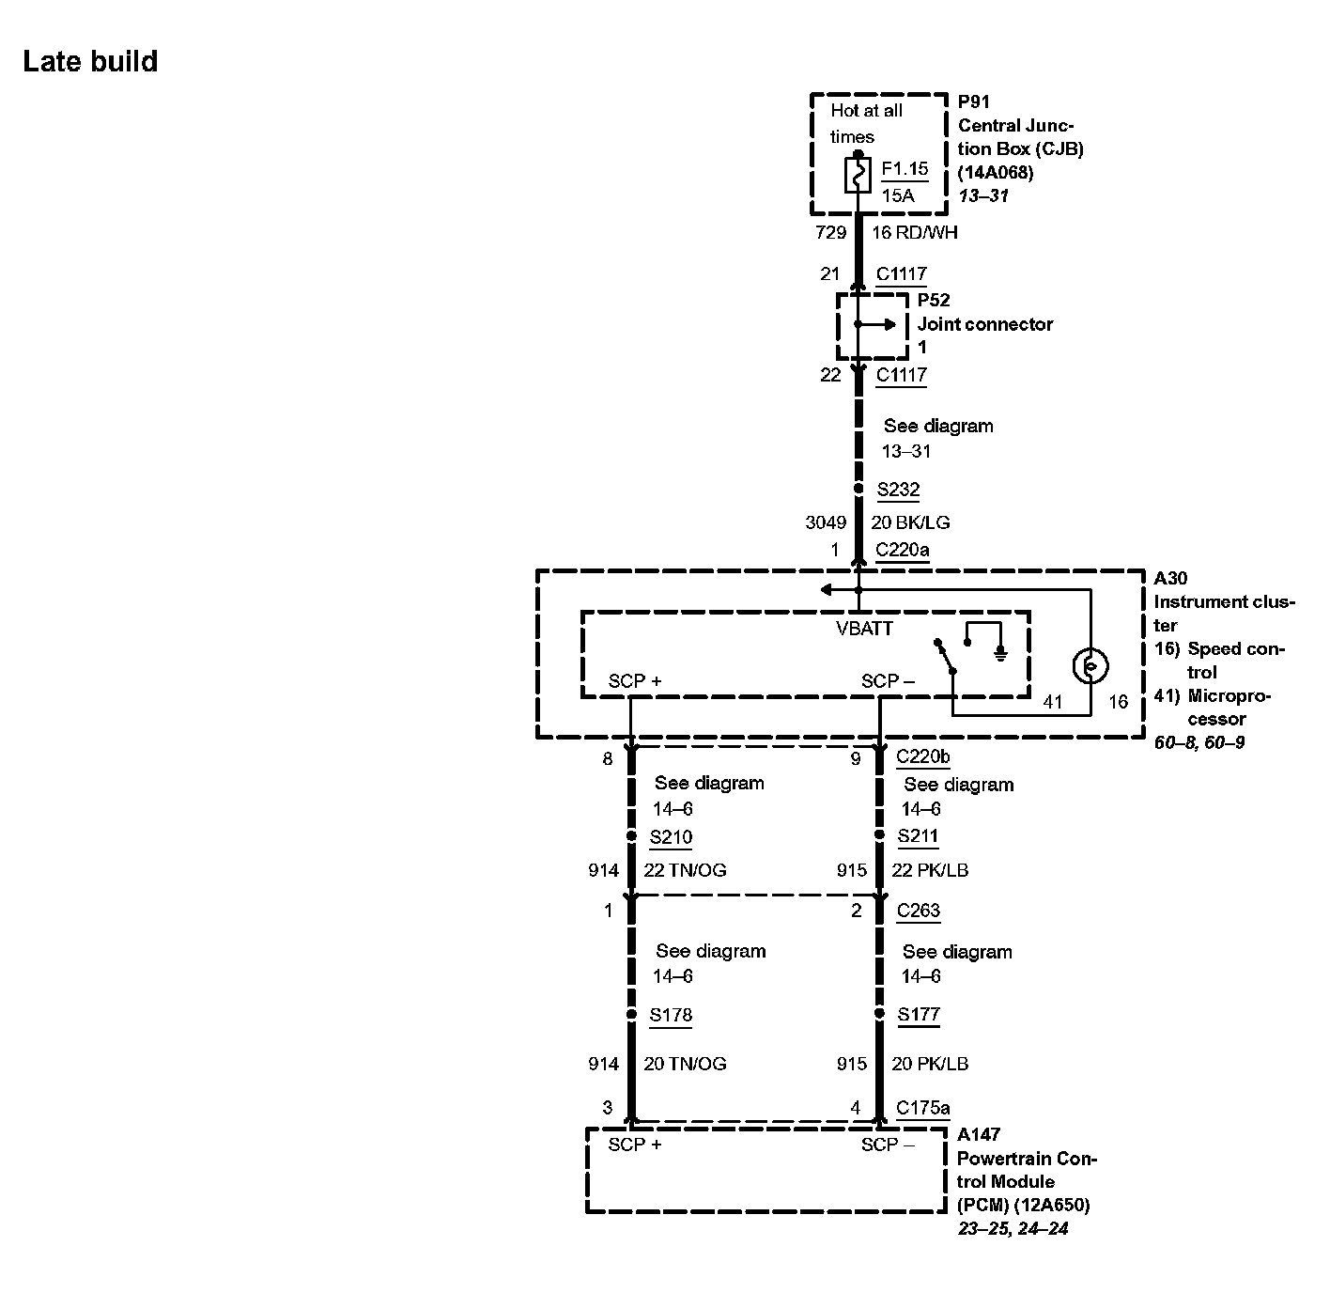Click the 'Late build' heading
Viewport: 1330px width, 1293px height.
click(x=90, y=62)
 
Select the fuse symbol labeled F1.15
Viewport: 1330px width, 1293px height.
click(x=858, y=175)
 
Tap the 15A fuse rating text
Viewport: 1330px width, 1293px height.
click(x=898, y=195)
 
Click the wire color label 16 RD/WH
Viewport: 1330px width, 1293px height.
click(x=915, y=232)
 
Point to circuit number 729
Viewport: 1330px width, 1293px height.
click(x=830, y=232)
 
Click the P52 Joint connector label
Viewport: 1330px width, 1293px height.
click(x=984, y=323)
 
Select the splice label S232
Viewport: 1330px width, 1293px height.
click(x=898, y=490)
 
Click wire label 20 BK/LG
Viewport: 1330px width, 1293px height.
click(x=910, y=522)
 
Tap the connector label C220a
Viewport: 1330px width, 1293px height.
click(x=902, y=550)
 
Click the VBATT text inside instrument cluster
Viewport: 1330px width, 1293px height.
click(x=864, y=629)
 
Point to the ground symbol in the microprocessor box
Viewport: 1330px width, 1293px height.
click(x=1001, y=653)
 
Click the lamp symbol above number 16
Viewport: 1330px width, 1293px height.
click(x=1090, y=666)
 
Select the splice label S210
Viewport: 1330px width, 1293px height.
click(x=671, y=836)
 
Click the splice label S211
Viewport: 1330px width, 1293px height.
click(x=918, y=835)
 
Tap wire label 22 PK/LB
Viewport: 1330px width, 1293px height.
click(x=930, y=870)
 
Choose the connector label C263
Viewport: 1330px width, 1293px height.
click(x=918, y=910)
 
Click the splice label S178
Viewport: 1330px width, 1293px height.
click(x=671, y=1015)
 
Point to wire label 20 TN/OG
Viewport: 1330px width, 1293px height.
click(x=685, y=1064)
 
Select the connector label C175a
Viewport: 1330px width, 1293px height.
click(x=922, y=1108)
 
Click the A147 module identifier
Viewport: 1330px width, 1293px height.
click(x=978, y=1134)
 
